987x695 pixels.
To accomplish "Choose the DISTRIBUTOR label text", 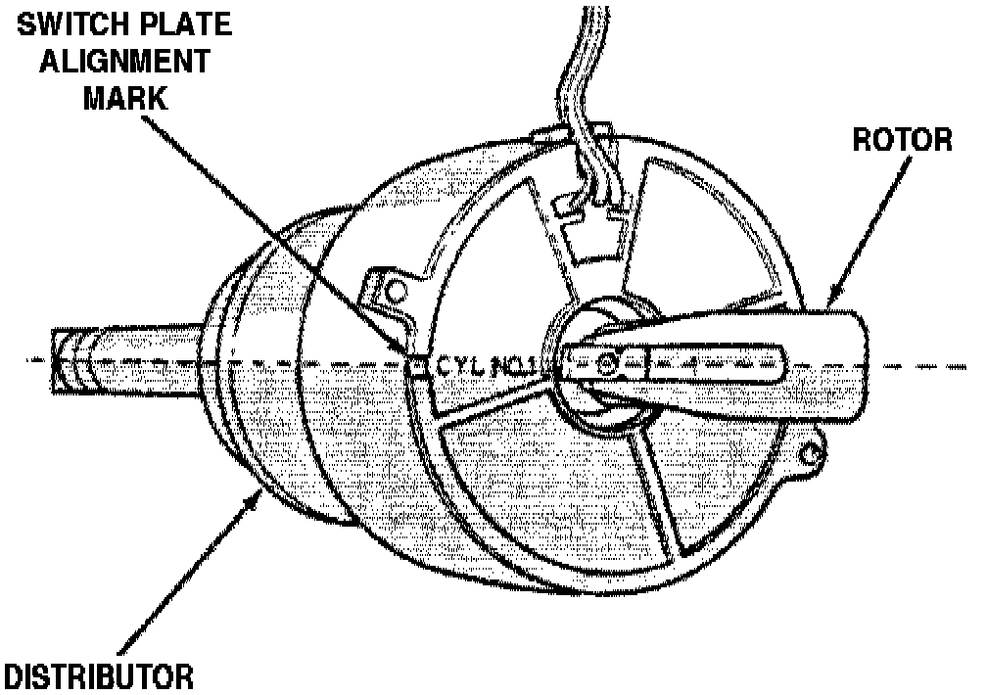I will point(97,675).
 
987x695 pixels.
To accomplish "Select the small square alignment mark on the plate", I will point(416,367).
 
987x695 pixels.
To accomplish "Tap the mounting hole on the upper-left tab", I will point(395,291).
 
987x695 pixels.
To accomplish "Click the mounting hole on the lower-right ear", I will point(810,452).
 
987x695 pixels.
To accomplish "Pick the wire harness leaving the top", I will point(578,78).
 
